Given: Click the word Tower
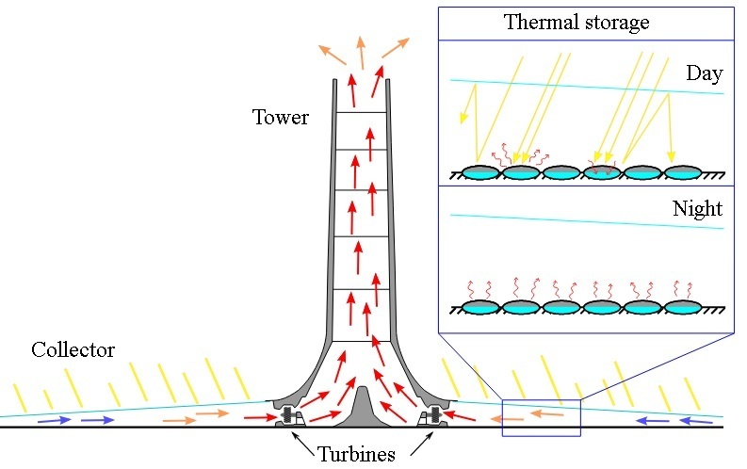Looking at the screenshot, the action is point(280,117).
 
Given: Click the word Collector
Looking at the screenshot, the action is point(73,350).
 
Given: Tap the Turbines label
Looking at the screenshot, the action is point(356,454).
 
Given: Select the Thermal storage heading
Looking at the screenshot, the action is point(576,23).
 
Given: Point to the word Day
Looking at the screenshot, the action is point(704,73).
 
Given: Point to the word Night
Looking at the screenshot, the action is point(697,209).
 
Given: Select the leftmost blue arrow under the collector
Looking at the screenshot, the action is point(55,420).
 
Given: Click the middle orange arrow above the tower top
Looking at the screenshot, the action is point(361,53).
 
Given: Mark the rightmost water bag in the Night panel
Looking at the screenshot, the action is point(683,308).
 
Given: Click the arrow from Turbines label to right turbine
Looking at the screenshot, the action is point(422,444).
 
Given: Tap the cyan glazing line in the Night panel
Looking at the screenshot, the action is point(587,222).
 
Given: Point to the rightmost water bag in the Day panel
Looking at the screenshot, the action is point(683,172).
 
